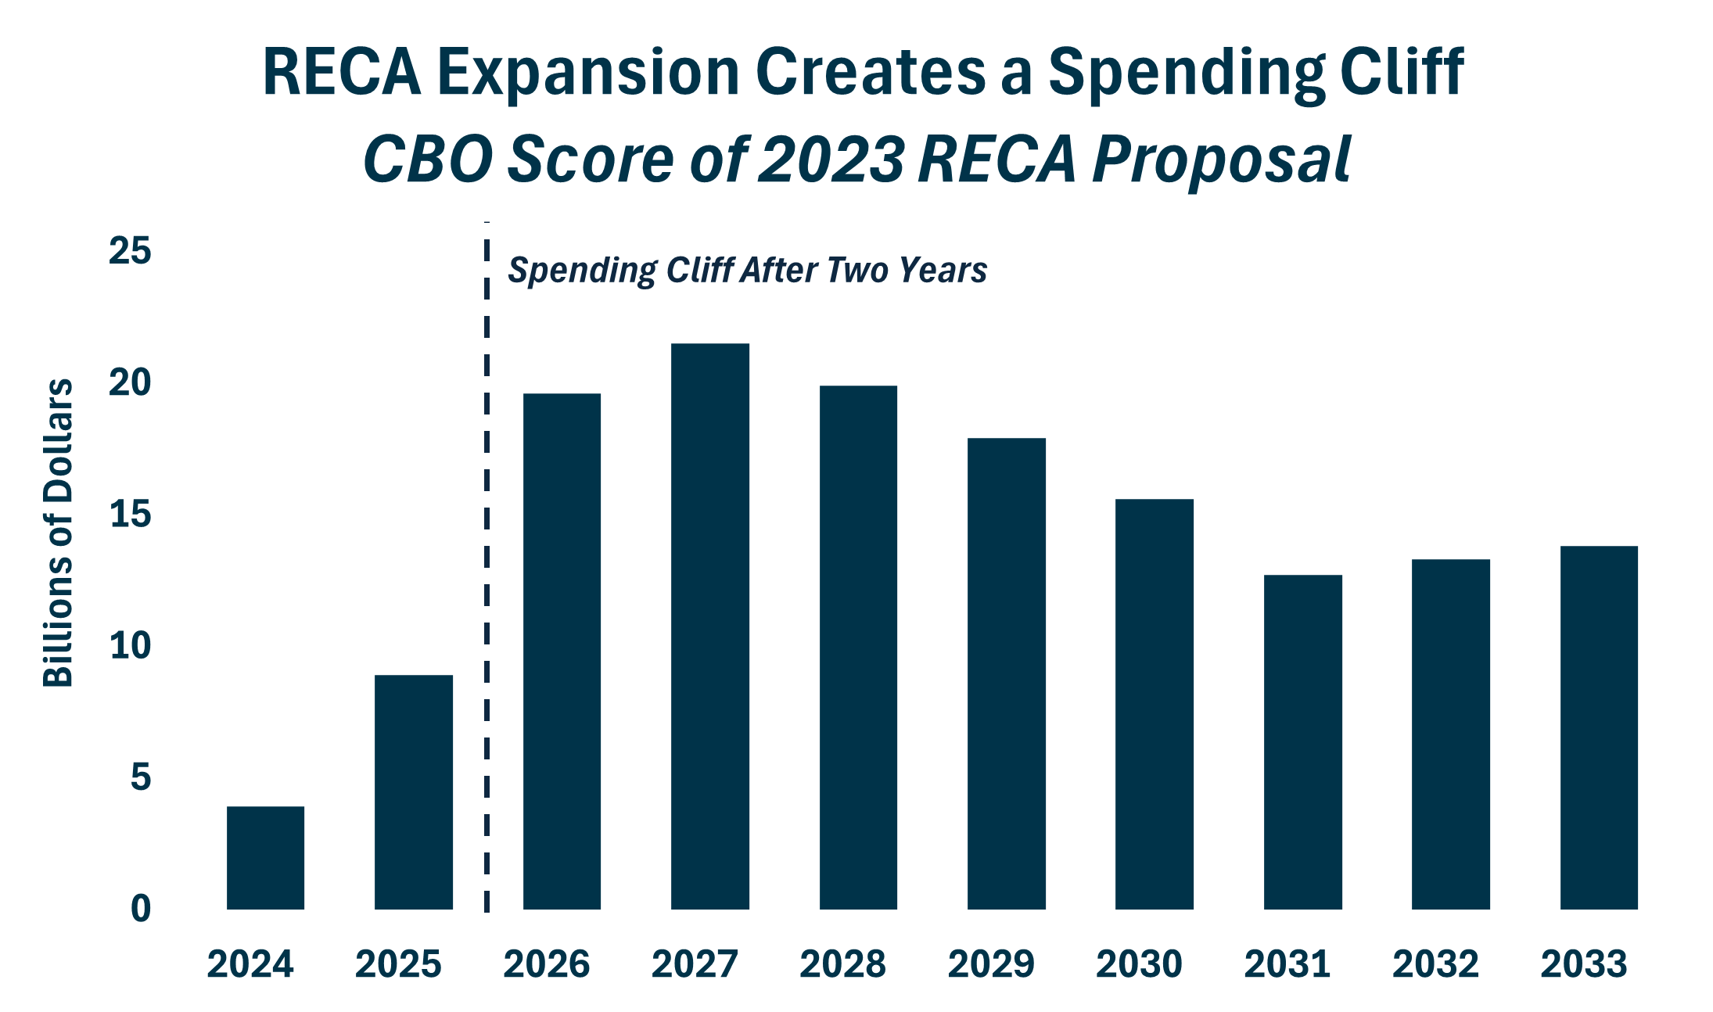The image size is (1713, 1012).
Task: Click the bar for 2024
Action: (x=265, y=857)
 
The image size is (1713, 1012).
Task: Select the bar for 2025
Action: (x=413, y=791)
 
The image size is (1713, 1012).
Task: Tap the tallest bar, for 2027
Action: (x=709, y=626)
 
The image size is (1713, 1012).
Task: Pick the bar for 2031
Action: (x=1302, y=741)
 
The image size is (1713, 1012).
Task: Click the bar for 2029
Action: (x=1006, y=673)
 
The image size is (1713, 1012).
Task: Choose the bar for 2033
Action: (x=1599, y=727)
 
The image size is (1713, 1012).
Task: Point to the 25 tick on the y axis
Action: (x=130, y=251)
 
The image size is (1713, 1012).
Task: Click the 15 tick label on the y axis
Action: (x=130, y=515)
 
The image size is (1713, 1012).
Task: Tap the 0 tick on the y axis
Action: (x=141, y=909)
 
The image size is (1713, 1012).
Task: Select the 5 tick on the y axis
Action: (x=141, y=777)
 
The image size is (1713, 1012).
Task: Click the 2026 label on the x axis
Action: (x=546, y=964)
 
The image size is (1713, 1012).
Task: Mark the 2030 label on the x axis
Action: (x=1139, y=964)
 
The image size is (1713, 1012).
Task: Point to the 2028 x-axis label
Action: (x=842, y=964)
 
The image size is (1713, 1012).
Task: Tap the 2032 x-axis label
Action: (x=1435, y=964)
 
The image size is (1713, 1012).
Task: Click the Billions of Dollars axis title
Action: (x=58, y=533)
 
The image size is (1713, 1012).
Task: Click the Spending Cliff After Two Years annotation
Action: (x=747, y=271)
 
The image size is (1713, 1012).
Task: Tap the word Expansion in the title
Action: (x=588, y=73)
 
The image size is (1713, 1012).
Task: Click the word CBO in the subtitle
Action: (x=427, y=160)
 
